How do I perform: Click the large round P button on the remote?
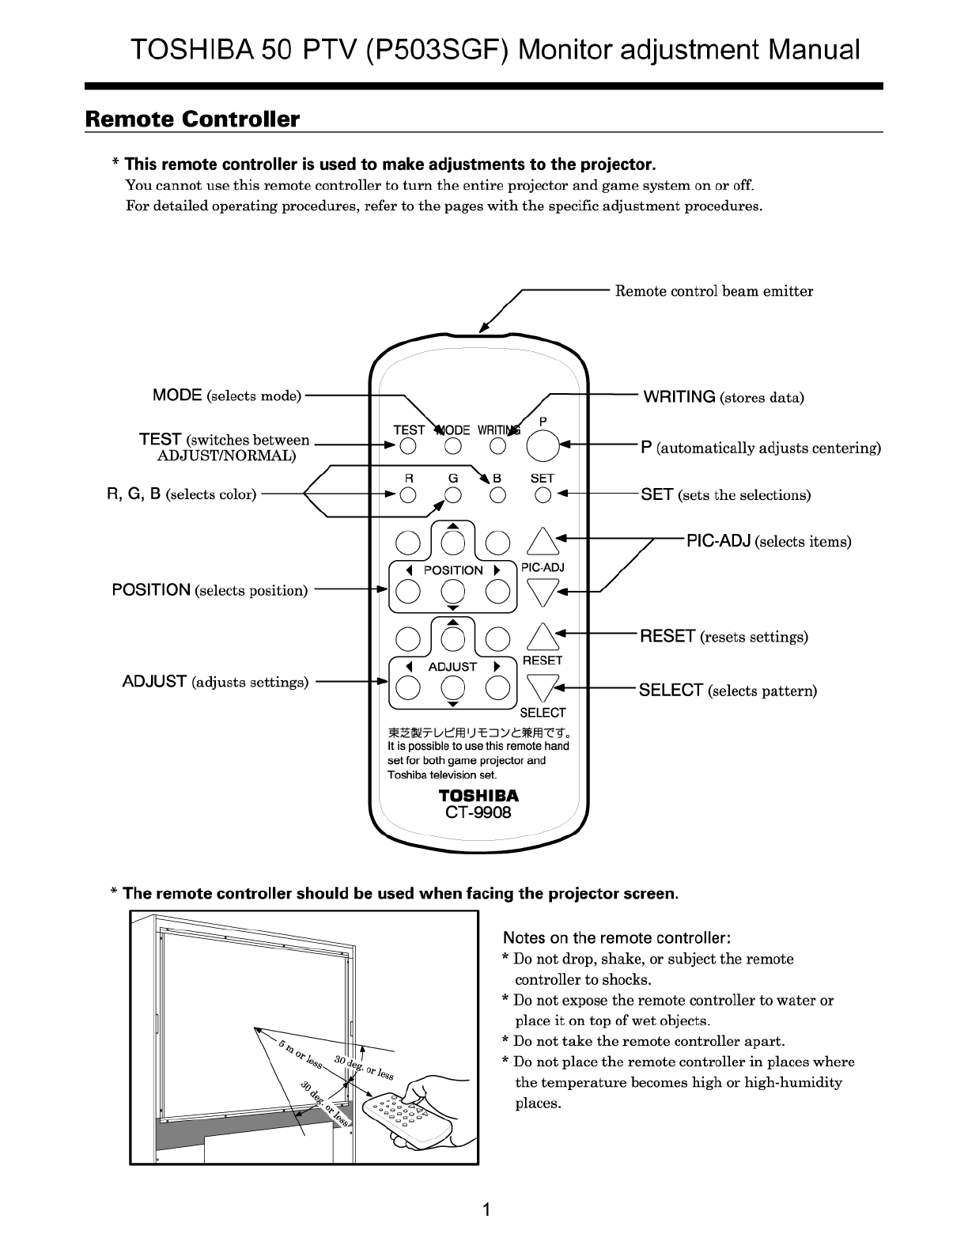tap(543, 446)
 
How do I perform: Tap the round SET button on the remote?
tap(543, 495)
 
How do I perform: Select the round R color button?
tap(408, 495)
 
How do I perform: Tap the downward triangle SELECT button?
tap(543, 686)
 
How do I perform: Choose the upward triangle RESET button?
tap(543, 636)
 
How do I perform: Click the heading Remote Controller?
tap(192, 119)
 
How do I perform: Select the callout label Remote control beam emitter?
tap(714, 291)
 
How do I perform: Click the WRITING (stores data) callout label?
tap(724, 397)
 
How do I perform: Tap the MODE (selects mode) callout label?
tap(227, 396)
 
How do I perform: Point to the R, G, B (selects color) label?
tap(182, 494)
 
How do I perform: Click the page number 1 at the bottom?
tap(486, 1209)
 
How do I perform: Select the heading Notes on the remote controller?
tap(617, 938)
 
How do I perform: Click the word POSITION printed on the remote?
tap(453, 570)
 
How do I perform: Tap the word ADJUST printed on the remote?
tap(452, 667)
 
